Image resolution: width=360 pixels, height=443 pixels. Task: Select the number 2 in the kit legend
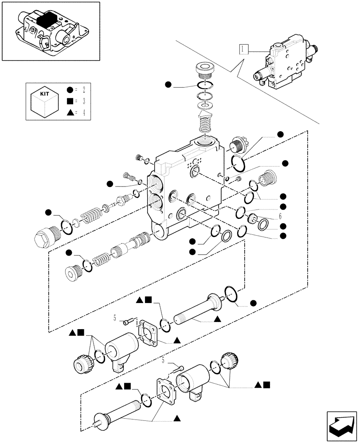83,90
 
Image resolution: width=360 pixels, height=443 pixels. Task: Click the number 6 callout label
280,217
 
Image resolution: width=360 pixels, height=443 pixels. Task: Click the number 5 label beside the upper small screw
114,318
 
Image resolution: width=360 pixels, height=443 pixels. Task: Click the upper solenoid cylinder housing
120,348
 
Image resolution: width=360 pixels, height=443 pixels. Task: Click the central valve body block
188,190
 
